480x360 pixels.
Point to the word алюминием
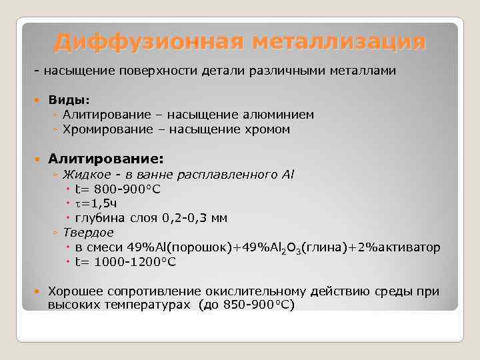275,115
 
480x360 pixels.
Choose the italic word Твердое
88,233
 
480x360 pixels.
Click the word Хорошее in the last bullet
75,291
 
